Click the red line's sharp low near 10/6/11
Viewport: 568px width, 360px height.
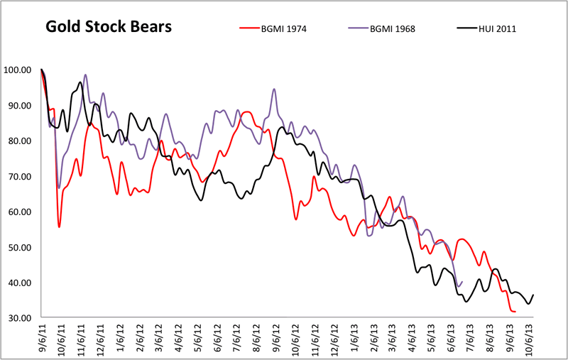(x=60, y=227)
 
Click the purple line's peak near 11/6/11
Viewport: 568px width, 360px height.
(x=86, y=75)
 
